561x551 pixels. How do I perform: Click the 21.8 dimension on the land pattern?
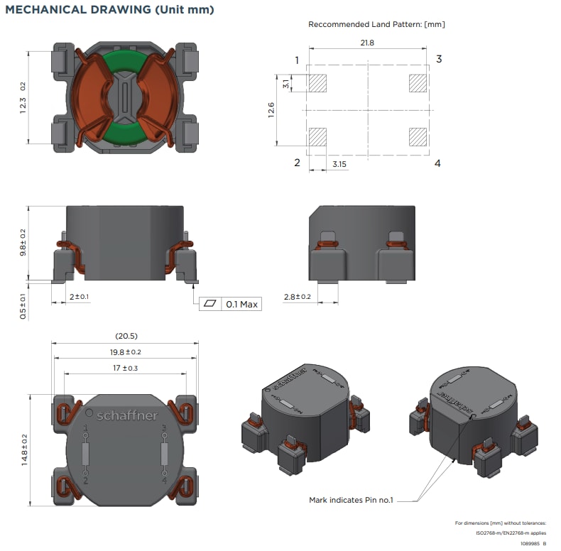coord(367,43)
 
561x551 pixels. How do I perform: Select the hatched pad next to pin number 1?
coord(317,83)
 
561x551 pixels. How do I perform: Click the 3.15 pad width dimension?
coord(340,164)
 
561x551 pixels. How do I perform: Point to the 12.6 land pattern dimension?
coord(272,110)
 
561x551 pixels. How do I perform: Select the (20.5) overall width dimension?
coord(125,336)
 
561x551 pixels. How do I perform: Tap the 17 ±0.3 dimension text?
coord(125,368)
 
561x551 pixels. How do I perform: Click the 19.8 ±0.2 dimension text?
coord(125,352)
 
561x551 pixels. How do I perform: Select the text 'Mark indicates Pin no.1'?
coord(350,500)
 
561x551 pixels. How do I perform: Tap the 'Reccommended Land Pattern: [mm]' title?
coord(376,24)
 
